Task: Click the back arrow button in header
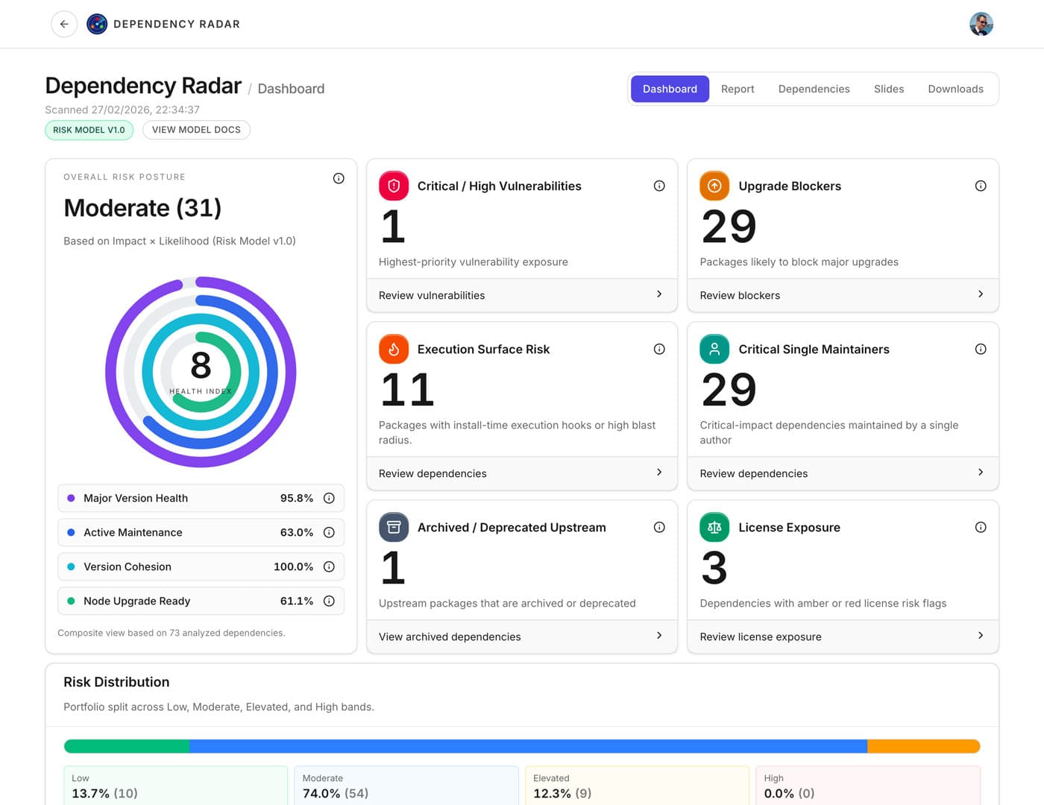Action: pos(64,24)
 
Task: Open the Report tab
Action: pos(737,89)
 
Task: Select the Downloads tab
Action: pos(955,89)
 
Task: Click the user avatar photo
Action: pos(981,24)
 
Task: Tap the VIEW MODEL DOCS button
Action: pos(196,130)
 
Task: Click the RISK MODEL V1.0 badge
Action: pos(89,130)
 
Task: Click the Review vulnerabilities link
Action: pos(521,295)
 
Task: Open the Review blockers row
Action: pos(842,295)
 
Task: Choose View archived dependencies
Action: pos(521,637)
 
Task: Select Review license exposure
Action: pos(842,637)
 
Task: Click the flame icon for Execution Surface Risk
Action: pos(394,349)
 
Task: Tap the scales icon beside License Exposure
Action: pos(714,527)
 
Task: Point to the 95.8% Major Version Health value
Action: pos(296,498)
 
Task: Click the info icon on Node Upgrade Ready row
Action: pos(329,601)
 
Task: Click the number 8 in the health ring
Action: pos(201,365)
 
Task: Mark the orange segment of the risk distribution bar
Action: pos(922,746)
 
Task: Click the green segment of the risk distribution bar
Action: pos(127,746)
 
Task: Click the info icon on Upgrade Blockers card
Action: pos(980,186)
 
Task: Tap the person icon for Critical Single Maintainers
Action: pos(714,349)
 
